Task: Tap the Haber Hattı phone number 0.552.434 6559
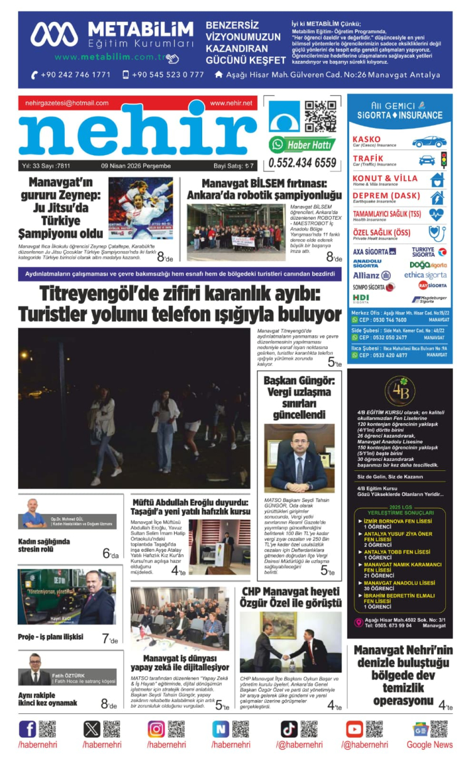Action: pyautogui.click(x=303, y=163)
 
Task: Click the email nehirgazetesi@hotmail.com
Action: pyautogui.click(x=67, y=103)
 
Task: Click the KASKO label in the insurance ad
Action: pyautogui.click(x=367, y=139)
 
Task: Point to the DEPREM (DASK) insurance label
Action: pyautogui.click(x=387, y=196)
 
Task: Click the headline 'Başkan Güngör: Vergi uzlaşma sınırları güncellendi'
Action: pyautogui.click(x=299, y=397)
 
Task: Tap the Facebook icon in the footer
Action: pyautogui.click(x=28, y=729)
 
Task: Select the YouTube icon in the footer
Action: pyautogui.click(x=354, y=729)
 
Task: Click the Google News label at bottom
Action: pyautogui.click(x=430, y=745)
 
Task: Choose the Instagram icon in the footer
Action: pyautogui.click(x=156, y=729)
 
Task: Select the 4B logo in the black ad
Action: pyautogui.click(x=400, y=391)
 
